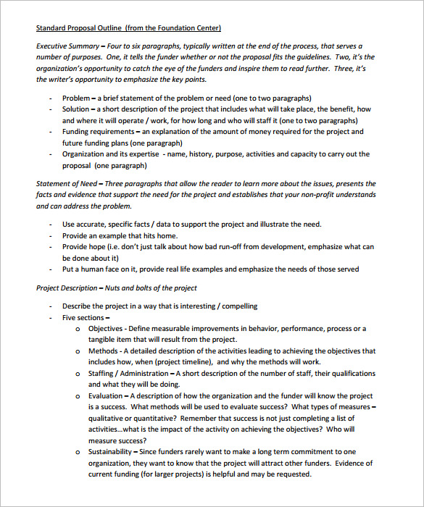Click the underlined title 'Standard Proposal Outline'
click(78, 28)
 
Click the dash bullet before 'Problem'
click(50, 98)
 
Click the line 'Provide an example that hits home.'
click(120, 235)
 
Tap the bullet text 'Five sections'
click(83, 317)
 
